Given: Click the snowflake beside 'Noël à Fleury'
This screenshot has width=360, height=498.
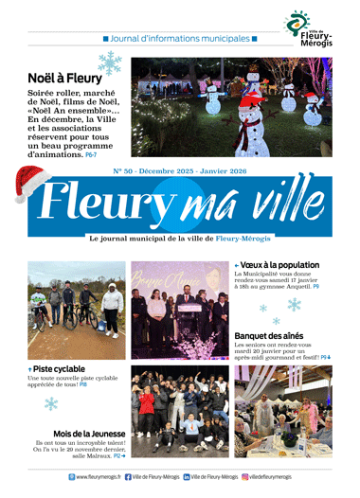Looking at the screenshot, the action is (111, 64).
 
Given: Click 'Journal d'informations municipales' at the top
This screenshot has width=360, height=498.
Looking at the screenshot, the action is (180, 39).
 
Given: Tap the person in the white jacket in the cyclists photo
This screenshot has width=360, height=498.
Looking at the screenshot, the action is (113, 310).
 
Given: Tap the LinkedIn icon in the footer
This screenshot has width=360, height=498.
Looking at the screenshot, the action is (187, 477).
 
